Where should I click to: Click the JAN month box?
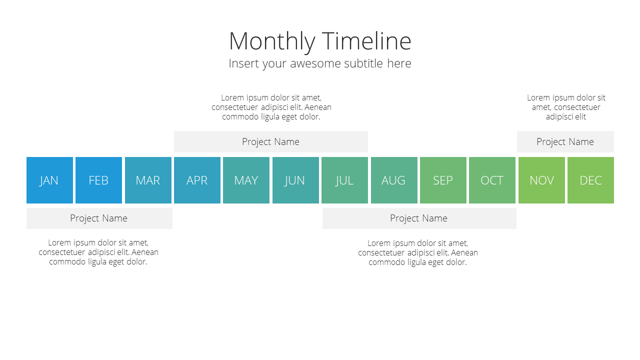(49, 180)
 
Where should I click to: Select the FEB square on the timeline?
(99, 180)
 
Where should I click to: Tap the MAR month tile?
(148, 180)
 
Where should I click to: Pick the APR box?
(197, 180)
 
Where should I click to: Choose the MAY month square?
(246, 180)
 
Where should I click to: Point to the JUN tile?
(295, 180)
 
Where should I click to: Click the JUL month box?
(345, 180)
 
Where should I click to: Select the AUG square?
(394, 180)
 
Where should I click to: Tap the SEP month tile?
(443, 180)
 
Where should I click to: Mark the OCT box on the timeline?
(492, 180)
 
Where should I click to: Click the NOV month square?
(541, 180)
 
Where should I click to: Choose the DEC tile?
(591, 180)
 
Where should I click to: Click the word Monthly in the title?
(272, 42)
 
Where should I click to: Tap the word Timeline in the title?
(366, 41)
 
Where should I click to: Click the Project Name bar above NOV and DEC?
(565, 141)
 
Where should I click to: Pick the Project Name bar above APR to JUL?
(271, 141)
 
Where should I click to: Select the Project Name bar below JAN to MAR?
(99, 218)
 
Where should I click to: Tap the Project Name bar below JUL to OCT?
(419, 218)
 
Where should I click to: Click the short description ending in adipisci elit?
(566, 107)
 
